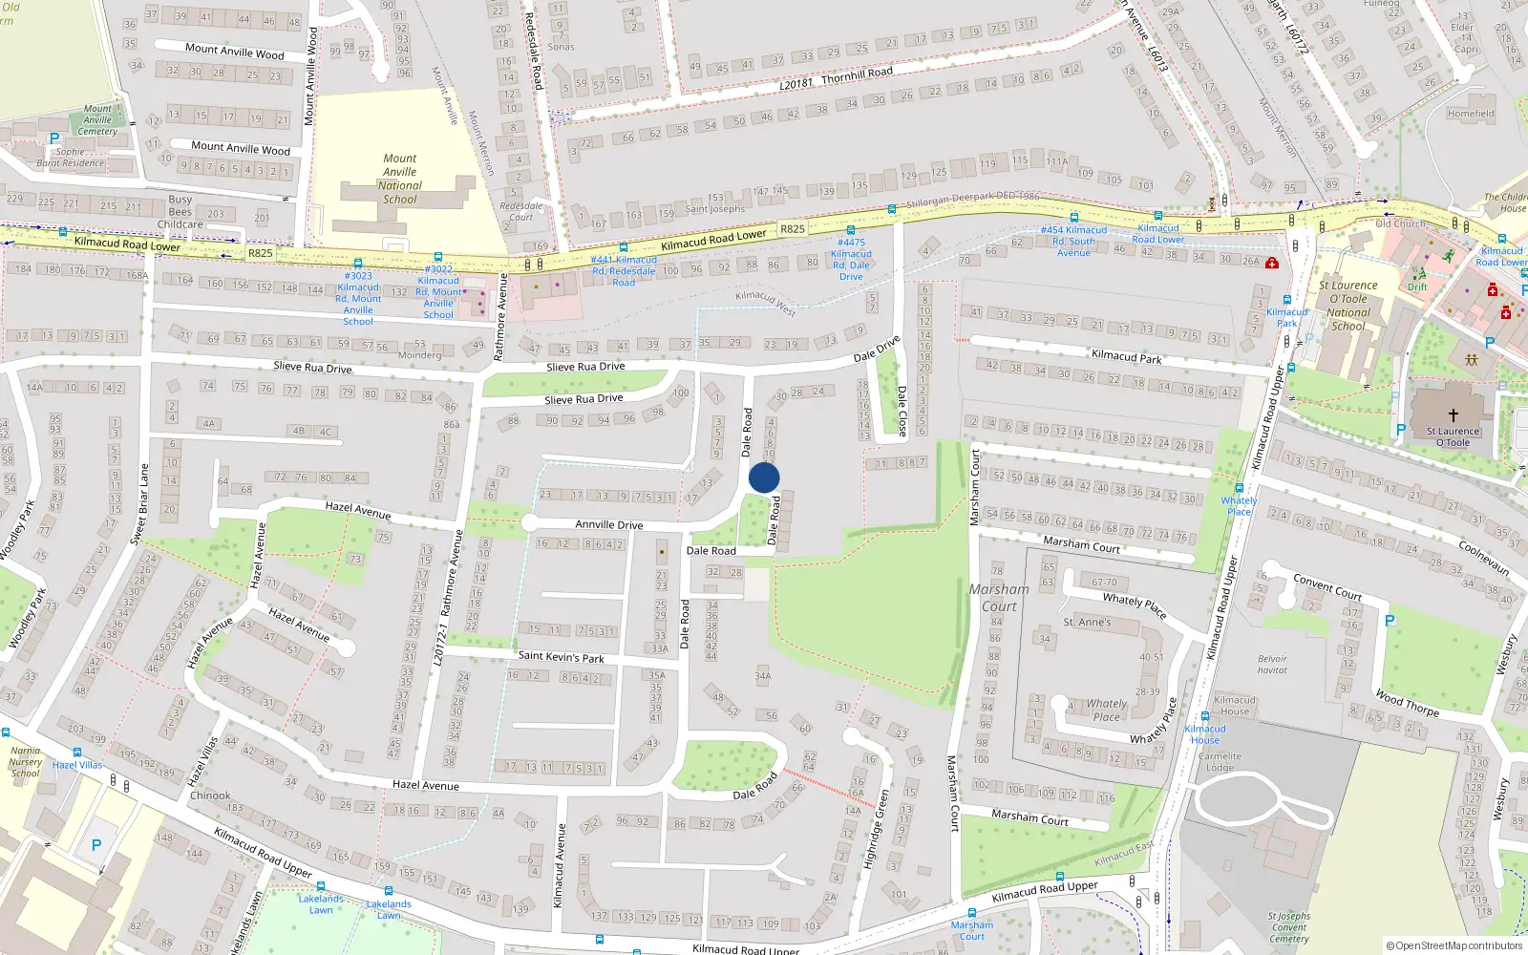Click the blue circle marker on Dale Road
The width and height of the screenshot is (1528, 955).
tap(764, 477)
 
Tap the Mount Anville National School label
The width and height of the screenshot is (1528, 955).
tap(400, 180)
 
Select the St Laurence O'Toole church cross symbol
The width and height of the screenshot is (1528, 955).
tap(1454, 415)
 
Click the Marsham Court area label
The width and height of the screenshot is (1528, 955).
tap(999, 598)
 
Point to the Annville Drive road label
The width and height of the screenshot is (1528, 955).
tap(609, 524)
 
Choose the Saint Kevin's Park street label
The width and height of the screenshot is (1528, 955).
tap(561, 657)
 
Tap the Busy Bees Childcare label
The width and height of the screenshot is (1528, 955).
tap(180, 212)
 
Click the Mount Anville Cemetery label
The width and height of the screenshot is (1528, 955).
tap(97, 120)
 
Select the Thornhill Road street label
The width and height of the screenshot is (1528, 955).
tap(857, 74)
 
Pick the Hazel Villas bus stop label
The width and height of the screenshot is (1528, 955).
tap(76, 765)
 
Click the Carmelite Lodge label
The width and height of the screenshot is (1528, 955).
tap(1220, 761)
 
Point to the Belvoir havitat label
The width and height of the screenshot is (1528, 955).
tap(1272, 665)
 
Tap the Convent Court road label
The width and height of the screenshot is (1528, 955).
tap(1326, 586)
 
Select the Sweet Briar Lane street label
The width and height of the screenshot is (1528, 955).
tap(139, 504)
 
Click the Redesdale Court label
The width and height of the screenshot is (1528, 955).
tap(520, 211)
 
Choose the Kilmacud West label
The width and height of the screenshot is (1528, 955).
tap(765, 302)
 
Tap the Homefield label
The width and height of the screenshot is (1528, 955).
tap(1471, 114)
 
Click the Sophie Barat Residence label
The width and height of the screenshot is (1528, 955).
tap(70, 158)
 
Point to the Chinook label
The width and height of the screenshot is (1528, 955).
tap(210, 796)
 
